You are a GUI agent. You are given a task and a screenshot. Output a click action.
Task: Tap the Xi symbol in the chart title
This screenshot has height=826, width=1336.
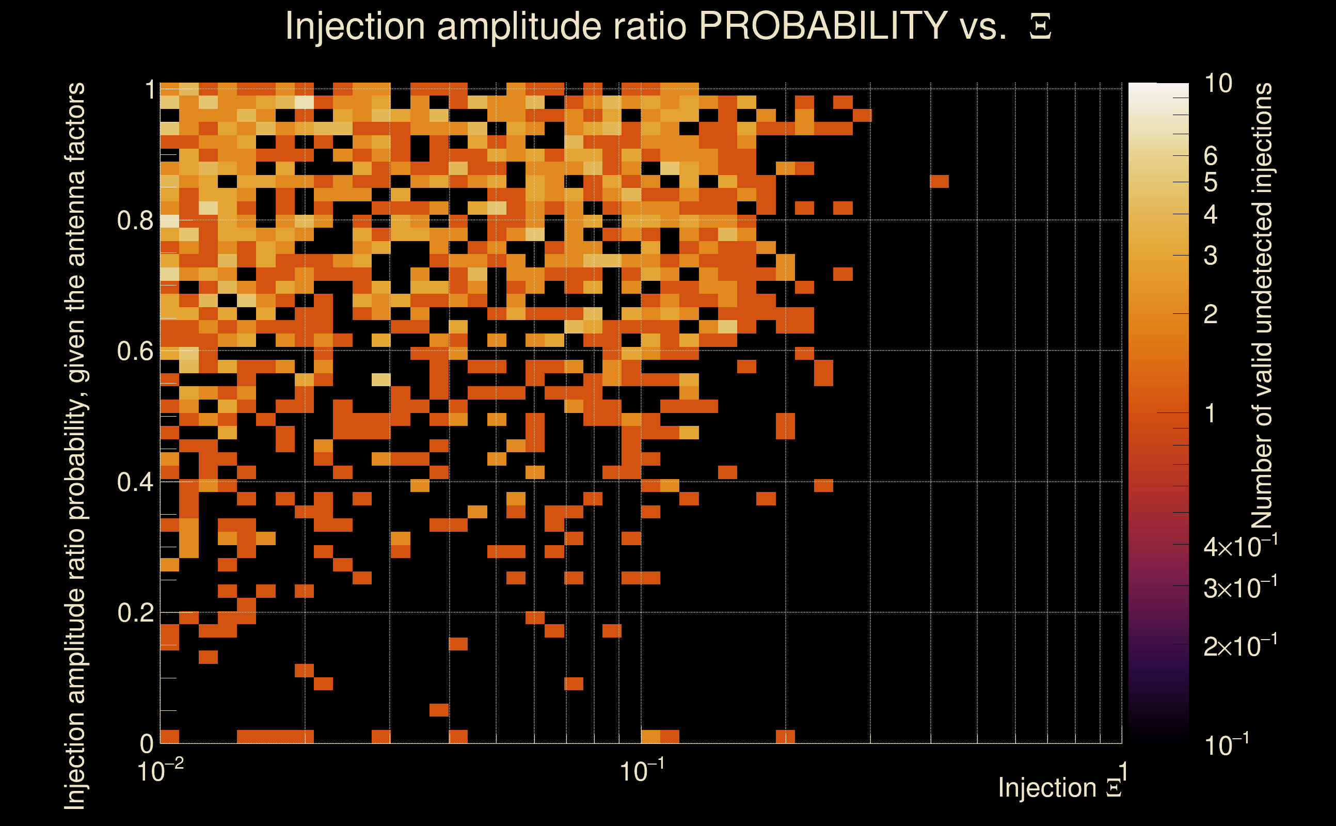pos(1040,27)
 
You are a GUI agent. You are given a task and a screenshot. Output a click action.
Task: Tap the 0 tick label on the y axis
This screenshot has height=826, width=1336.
pos(147,743)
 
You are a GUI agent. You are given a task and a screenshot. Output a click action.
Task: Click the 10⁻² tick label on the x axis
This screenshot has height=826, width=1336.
pos(160,771)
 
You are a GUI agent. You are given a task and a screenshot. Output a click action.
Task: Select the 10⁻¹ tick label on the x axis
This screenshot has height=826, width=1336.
pos(642,771)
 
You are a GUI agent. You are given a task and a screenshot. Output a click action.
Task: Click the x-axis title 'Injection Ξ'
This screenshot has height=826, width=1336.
pos(1060,788)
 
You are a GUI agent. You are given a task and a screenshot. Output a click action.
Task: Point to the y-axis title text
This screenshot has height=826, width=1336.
pos(75,446)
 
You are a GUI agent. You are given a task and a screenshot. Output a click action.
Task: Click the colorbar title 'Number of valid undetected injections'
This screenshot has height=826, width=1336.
pos(1262,306)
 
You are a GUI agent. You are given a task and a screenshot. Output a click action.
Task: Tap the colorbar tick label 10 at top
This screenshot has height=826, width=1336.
pos(1218,84)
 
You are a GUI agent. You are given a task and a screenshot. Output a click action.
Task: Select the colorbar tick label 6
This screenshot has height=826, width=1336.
pos(1211,156)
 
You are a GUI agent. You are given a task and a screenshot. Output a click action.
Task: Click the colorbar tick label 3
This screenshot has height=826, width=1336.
pos(1211,256)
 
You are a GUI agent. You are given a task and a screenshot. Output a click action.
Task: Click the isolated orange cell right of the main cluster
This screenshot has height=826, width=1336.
pos(939,181)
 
